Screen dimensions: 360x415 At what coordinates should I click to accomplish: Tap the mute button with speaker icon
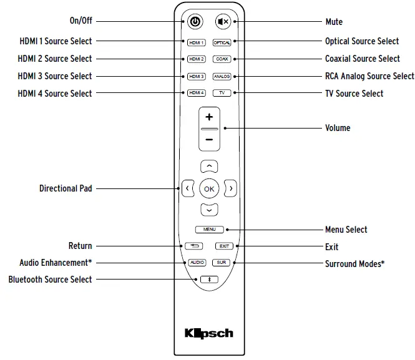point(223,22)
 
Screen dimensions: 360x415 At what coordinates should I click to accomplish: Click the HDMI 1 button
point(195,42)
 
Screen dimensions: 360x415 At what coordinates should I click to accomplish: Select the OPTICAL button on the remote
point(222,42)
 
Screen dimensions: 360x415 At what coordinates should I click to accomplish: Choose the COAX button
point(222,59)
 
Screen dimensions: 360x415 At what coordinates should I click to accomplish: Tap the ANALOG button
point(222,76)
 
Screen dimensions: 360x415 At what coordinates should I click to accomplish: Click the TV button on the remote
point(222,93)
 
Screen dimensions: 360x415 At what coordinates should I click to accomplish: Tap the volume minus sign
point(209,140)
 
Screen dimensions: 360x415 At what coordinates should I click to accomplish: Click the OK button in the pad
point(209,188)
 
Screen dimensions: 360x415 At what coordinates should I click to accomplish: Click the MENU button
point(209,230)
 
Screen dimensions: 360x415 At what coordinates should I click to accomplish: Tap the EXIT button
point(223,246)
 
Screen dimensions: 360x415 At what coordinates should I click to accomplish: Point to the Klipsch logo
point(209,333)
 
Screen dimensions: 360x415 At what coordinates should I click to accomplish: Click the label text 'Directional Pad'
point(66,188)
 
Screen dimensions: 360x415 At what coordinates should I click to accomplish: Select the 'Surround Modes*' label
point(354,263)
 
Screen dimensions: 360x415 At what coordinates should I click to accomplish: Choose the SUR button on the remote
point(222,263)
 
